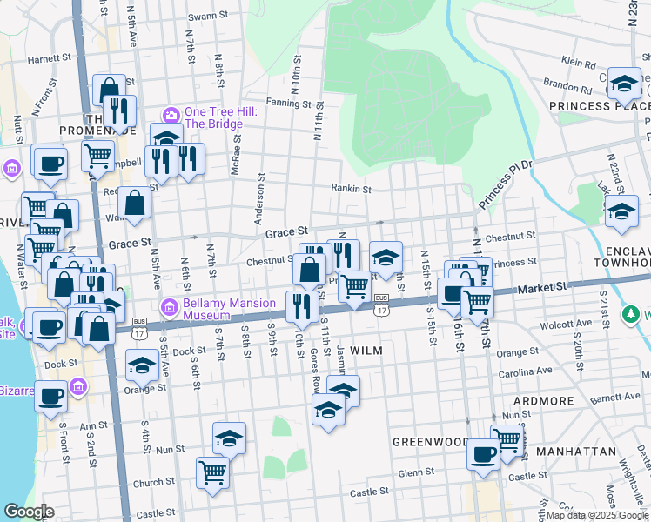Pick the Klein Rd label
(579, 63)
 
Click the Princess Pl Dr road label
(503, 185)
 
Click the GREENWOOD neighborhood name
(430, 442)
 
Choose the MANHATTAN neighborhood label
(575, 452)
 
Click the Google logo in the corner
(29, 512)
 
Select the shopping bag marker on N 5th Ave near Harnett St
(109, 89)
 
